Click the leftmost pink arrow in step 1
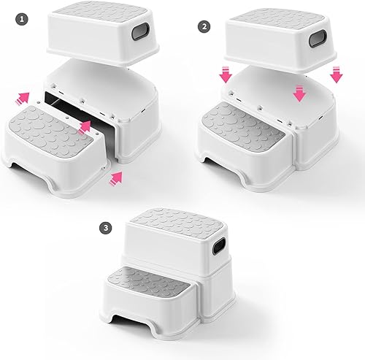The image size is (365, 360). pyautogui.click(x=24, y=98)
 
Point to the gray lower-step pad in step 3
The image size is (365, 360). pyautogui.click(x=149, y=281)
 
